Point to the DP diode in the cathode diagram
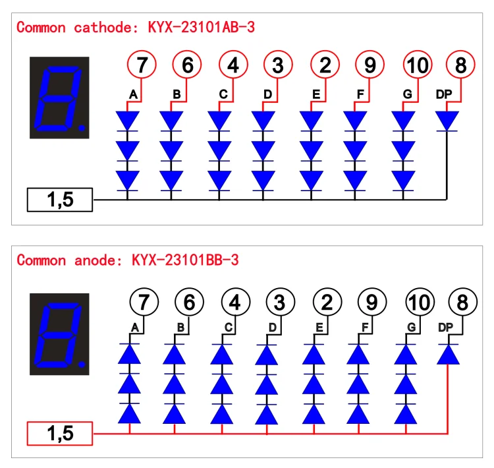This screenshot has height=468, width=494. pyautogui.click(x=447, y=121)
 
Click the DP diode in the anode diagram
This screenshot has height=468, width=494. pyautogui.click(x=448, y=354)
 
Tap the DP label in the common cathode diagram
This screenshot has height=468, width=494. pyautogui.click(x=443, y=94)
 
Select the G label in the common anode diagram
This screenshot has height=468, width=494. pyautogui.click(x=412, y=328)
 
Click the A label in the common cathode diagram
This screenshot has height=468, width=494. pyautogui.click(x=133, y=94)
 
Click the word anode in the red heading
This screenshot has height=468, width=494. pyautogui.click(x=95, y=260)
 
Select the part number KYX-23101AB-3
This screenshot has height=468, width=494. pyautogui.click(x=202, y=27)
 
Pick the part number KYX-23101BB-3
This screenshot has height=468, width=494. pyautogui.click(x=185, y=260)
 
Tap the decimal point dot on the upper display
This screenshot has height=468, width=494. pyautogui.click(x=82, y=127)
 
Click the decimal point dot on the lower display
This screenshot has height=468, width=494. pyautogui.click(x=82, y=364)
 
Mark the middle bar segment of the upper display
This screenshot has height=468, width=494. pyautogui.click(x=58, y=98)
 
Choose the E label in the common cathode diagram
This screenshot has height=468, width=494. pyautogui.click(x=316, y=94)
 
